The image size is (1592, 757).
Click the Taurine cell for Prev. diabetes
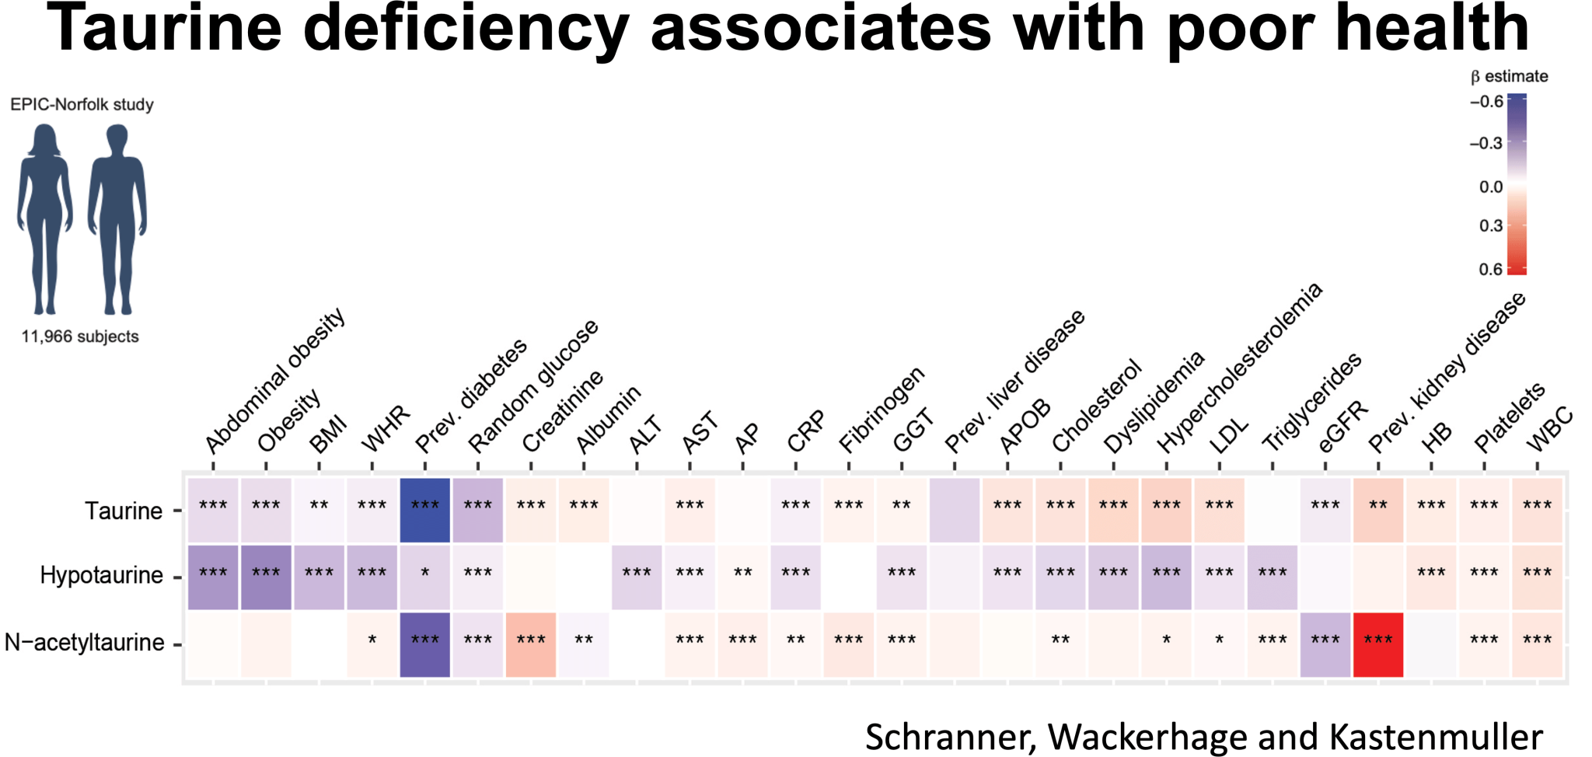click(424, 510)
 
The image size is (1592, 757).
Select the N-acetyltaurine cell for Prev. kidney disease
click(1377, 644)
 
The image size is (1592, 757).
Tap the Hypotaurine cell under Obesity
click(266, 577)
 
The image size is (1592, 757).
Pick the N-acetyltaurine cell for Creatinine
click(531, 644)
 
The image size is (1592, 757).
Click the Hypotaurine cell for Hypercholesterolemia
click(1166, 577)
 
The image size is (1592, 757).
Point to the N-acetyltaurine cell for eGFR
click(1325, 644)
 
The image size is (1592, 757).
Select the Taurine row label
click(123, 511)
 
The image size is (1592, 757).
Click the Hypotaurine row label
click(101, 575)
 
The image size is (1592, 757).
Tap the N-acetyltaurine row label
click(84, 643)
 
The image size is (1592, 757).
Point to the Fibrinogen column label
click(882, 409)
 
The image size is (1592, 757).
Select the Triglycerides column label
click(1311, 402)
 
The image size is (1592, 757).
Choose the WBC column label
click(1550, 429)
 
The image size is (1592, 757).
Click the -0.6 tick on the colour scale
click(1486, 102)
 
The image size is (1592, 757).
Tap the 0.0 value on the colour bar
click(1490, 187)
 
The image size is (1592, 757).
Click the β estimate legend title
click(1509, 76)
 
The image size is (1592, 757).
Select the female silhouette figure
click(45, 218)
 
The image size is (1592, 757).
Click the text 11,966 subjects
click(80, 337)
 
